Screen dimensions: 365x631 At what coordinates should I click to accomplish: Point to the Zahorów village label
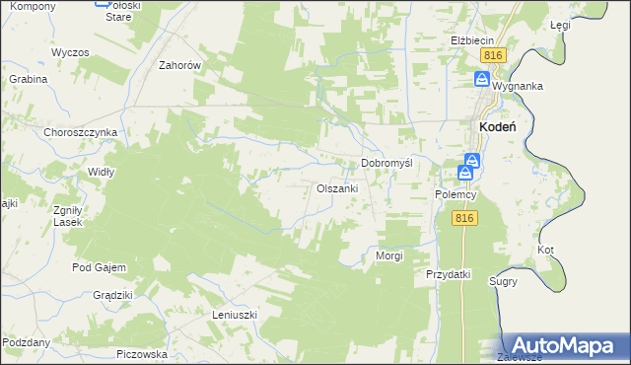tap(180, 66)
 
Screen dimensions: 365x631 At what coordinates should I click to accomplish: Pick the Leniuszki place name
tap(235, 315)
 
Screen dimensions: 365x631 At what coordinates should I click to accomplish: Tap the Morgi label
tap(389, 255)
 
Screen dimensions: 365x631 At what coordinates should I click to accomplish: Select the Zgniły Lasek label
tap(68, 216)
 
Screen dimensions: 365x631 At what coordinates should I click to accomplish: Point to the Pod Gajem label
tap(96, 267)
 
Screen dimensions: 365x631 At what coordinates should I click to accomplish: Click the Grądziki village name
tap(112, 295)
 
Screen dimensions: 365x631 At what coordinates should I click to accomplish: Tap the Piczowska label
tap(142, 353)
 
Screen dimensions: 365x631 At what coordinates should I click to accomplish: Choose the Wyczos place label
tap(70, 51)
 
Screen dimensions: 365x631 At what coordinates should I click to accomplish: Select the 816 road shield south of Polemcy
tap(466, 219)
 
